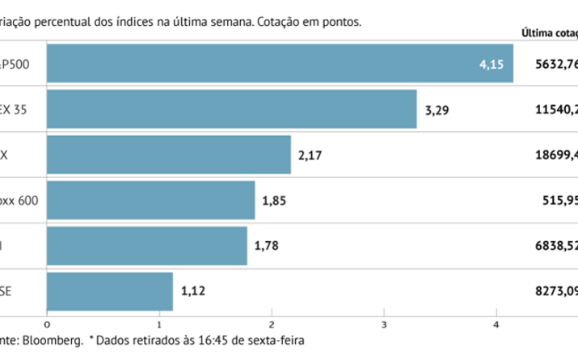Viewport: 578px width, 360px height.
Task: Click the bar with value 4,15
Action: point(280,63)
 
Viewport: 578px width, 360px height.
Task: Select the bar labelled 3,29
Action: point(232,108)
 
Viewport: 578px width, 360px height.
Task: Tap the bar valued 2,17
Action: point(169,155)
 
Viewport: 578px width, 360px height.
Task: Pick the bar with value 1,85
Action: point(151,200)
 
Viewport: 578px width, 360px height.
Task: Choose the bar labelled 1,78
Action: point(147,245)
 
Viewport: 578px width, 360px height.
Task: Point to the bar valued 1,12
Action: point(110,290)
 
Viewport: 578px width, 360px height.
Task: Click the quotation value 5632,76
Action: point(555,64)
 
